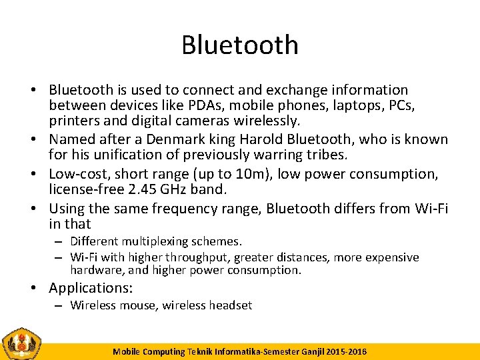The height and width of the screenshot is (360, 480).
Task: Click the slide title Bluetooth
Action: coord(240,45)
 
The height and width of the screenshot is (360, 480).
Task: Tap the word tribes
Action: coord(325,155)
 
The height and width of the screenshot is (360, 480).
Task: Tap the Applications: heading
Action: coord(91,289)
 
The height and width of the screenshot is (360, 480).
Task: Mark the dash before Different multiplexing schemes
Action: coord(59,242)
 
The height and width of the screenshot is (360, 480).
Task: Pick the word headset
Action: coord(231,305)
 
